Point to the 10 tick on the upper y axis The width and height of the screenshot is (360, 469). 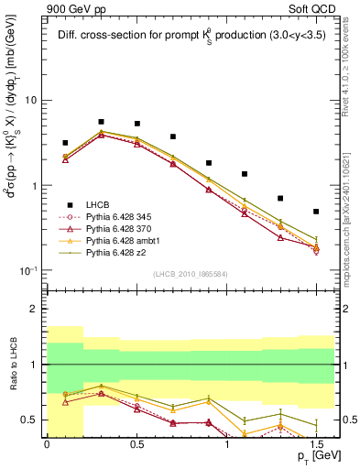click(31, 101)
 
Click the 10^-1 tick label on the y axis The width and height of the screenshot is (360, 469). click(28, 271)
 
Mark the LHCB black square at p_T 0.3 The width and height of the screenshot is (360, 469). click(101, 122)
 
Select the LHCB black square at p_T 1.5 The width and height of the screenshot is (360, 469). click(316, 212)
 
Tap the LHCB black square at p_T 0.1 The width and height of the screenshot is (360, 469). click(65, 143)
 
